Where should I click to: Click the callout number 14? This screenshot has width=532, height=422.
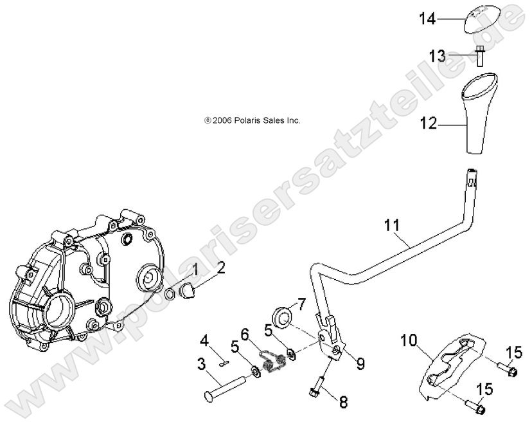428,19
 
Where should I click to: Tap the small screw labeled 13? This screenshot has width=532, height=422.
479,56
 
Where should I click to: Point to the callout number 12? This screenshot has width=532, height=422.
428,121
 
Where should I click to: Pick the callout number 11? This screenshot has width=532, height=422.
392,225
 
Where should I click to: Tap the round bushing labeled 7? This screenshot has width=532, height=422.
282,316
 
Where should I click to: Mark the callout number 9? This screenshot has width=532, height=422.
360,364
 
